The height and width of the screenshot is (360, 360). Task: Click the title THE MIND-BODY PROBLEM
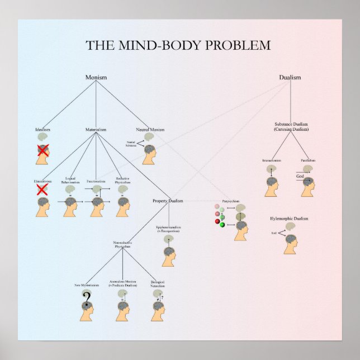178,45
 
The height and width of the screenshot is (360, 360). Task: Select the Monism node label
96,77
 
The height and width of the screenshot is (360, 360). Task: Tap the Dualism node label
290,78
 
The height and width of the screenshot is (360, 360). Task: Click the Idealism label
43,130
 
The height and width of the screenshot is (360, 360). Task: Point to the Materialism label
96,130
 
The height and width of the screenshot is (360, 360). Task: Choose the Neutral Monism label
150,130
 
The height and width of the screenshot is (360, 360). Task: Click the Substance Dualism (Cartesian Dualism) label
291,126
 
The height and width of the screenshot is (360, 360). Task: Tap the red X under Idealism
42,150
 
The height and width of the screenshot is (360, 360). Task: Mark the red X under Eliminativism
42,190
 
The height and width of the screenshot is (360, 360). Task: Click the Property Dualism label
168,201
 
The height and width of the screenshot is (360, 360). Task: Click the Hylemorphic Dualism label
289,219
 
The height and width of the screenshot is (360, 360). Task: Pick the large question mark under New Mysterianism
86,297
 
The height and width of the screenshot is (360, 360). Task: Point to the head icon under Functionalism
97,206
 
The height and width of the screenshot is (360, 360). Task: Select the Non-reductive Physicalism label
122,244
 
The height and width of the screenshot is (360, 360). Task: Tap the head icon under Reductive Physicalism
124,206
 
